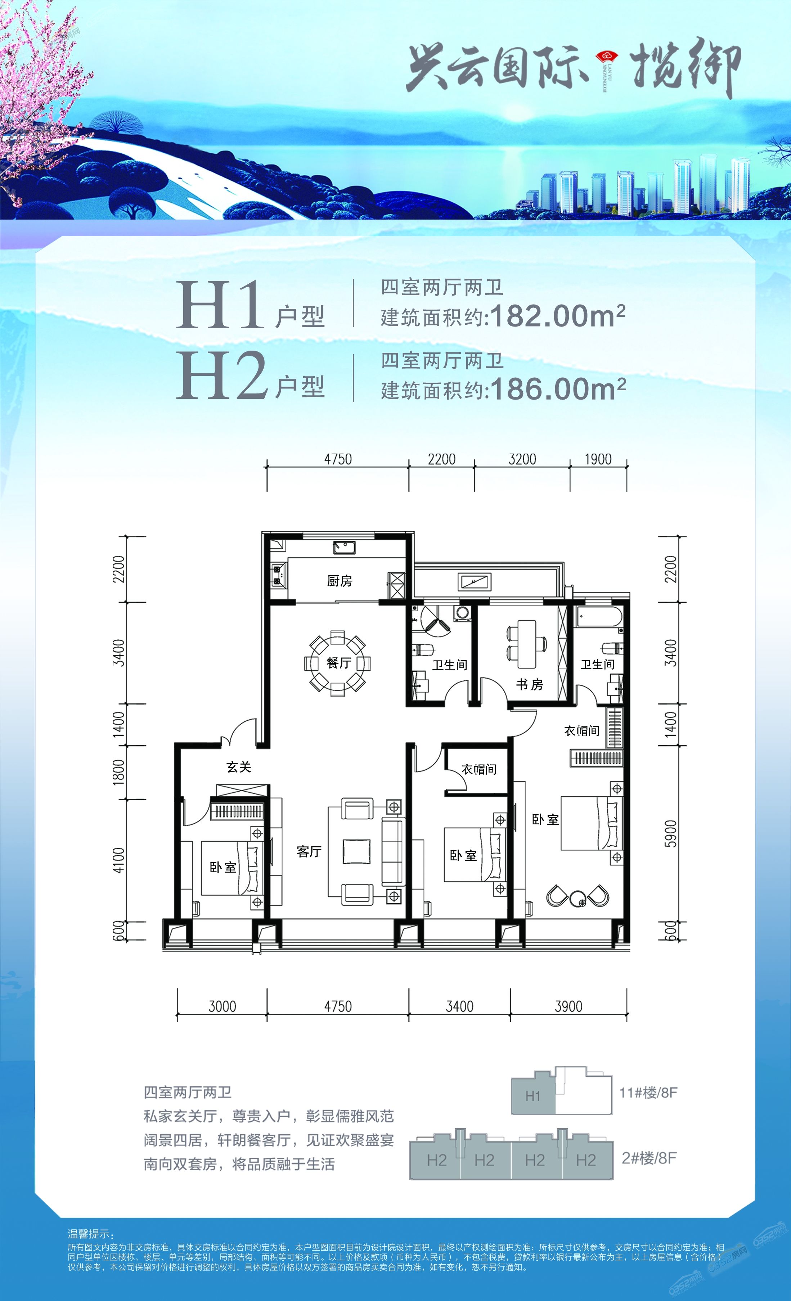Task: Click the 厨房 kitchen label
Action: pos(340,581)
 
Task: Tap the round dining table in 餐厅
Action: pos(338,663)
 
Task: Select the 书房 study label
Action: pos(530,684)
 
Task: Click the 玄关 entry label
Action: pos(239,767)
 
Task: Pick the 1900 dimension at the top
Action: pos(598,459)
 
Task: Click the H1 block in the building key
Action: pos(533,1096)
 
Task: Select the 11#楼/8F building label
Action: pos(648,1093)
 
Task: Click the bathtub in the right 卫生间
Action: pos(599,618)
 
